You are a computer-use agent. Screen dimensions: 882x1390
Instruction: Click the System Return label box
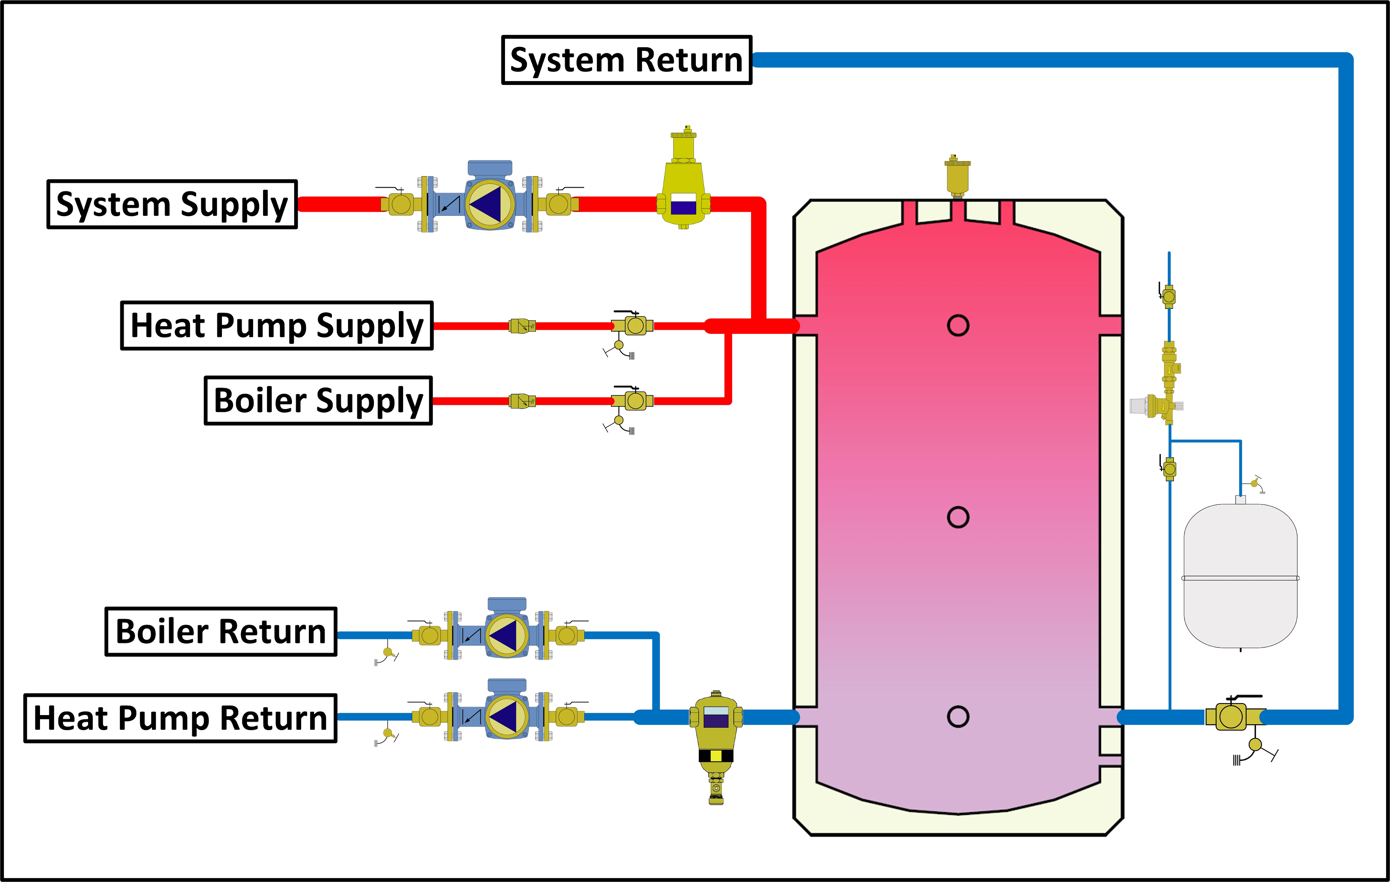tap(626, 60)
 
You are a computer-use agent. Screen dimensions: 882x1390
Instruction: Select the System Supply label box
tap(172, 204)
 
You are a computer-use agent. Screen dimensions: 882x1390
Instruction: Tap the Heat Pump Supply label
tap(277, 325)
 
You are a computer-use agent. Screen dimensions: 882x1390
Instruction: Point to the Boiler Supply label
tap(318, 400)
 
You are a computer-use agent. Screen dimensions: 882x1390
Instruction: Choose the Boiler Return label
tap(220, 632)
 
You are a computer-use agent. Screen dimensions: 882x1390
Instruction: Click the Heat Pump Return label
tap(180, 718)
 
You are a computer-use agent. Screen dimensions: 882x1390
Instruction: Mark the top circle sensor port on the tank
tap(958, 325)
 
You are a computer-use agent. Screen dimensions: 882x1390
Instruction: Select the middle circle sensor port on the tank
tap(958, 517)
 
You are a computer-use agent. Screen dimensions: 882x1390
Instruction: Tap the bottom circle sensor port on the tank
tap(958, 717)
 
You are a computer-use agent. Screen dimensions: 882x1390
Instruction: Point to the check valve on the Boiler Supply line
tap(522, 400)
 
